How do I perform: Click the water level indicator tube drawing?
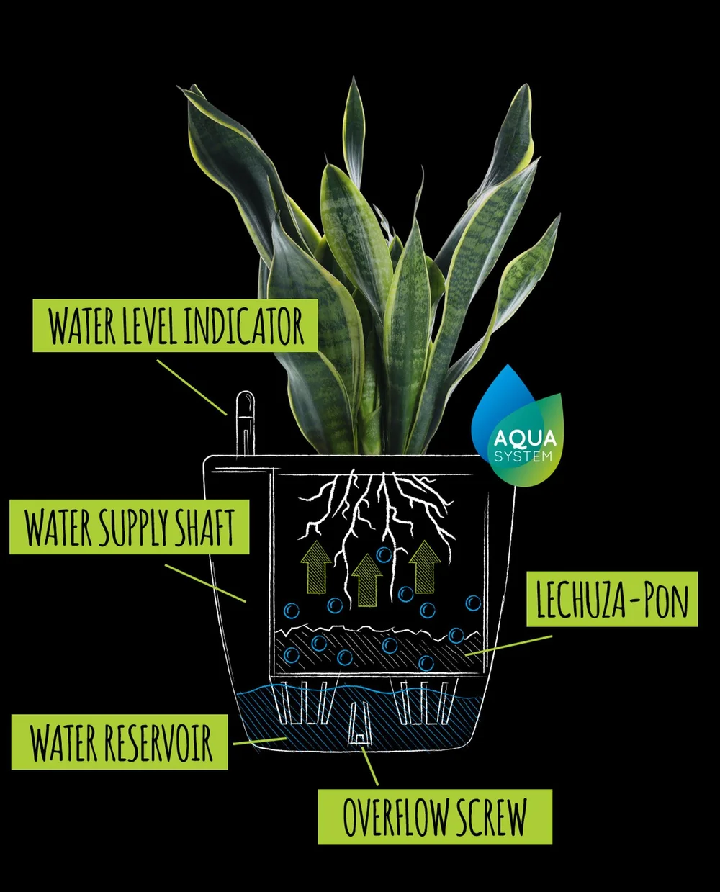click(x=245, y=425)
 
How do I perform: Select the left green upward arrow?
click(x=317, y=566)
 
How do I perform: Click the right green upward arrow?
click(x=425, y=566)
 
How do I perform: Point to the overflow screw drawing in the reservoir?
click(x=359, y=724)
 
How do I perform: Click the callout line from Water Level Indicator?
click(x=192, y=387)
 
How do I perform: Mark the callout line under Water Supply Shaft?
click(x=205, y=582)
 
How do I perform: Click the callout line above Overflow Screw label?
click(x=370, y=766)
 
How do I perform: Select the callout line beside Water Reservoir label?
click(x=258, y=740)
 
